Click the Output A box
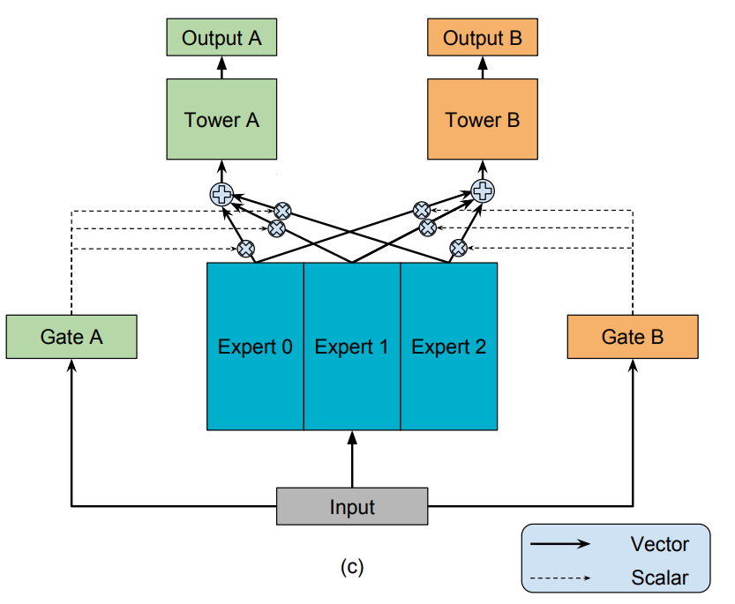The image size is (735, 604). [x=221, y=39]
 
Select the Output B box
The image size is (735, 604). [x=482, y=39]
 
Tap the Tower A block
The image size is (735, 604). [x=221, y=120]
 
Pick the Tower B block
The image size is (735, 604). [x=482, y=120]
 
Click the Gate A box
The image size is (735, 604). [x=71, y=337]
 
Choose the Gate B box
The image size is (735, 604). [x=633, y=337]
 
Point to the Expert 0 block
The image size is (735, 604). [x=255, y=347]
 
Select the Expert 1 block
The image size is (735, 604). [x=352, y=347]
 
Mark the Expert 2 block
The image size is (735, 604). [x=449, y=347]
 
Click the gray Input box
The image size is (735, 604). [x=352, y=507]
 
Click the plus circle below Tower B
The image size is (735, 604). [x=483, y=190]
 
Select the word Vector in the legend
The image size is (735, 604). [x=659, y=544]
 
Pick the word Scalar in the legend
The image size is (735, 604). [x=659, y=578]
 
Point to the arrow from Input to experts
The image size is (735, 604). [x=352, y=459]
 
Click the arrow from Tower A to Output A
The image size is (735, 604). [x=221, y=67]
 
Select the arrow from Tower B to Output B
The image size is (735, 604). [x=482, y=67]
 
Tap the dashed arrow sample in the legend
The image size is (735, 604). [x=560, y=579]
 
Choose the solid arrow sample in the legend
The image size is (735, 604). [x=560, y=545]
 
